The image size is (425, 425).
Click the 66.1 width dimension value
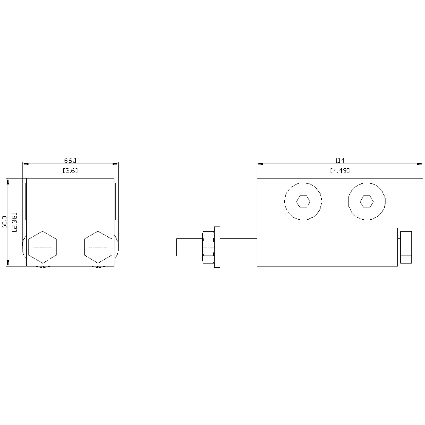point(71,161)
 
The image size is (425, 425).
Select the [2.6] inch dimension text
point(71,170)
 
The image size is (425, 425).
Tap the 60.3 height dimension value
point(4,222)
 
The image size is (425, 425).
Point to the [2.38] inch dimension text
point(14,222)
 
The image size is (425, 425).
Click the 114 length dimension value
point(340,161)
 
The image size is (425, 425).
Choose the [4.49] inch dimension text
point(340,170)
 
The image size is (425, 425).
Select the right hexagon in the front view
point(98,247)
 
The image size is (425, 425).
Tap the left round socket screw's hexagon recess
point(303,201)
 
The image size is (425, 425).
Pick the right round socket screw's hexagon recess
point(367,201)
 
